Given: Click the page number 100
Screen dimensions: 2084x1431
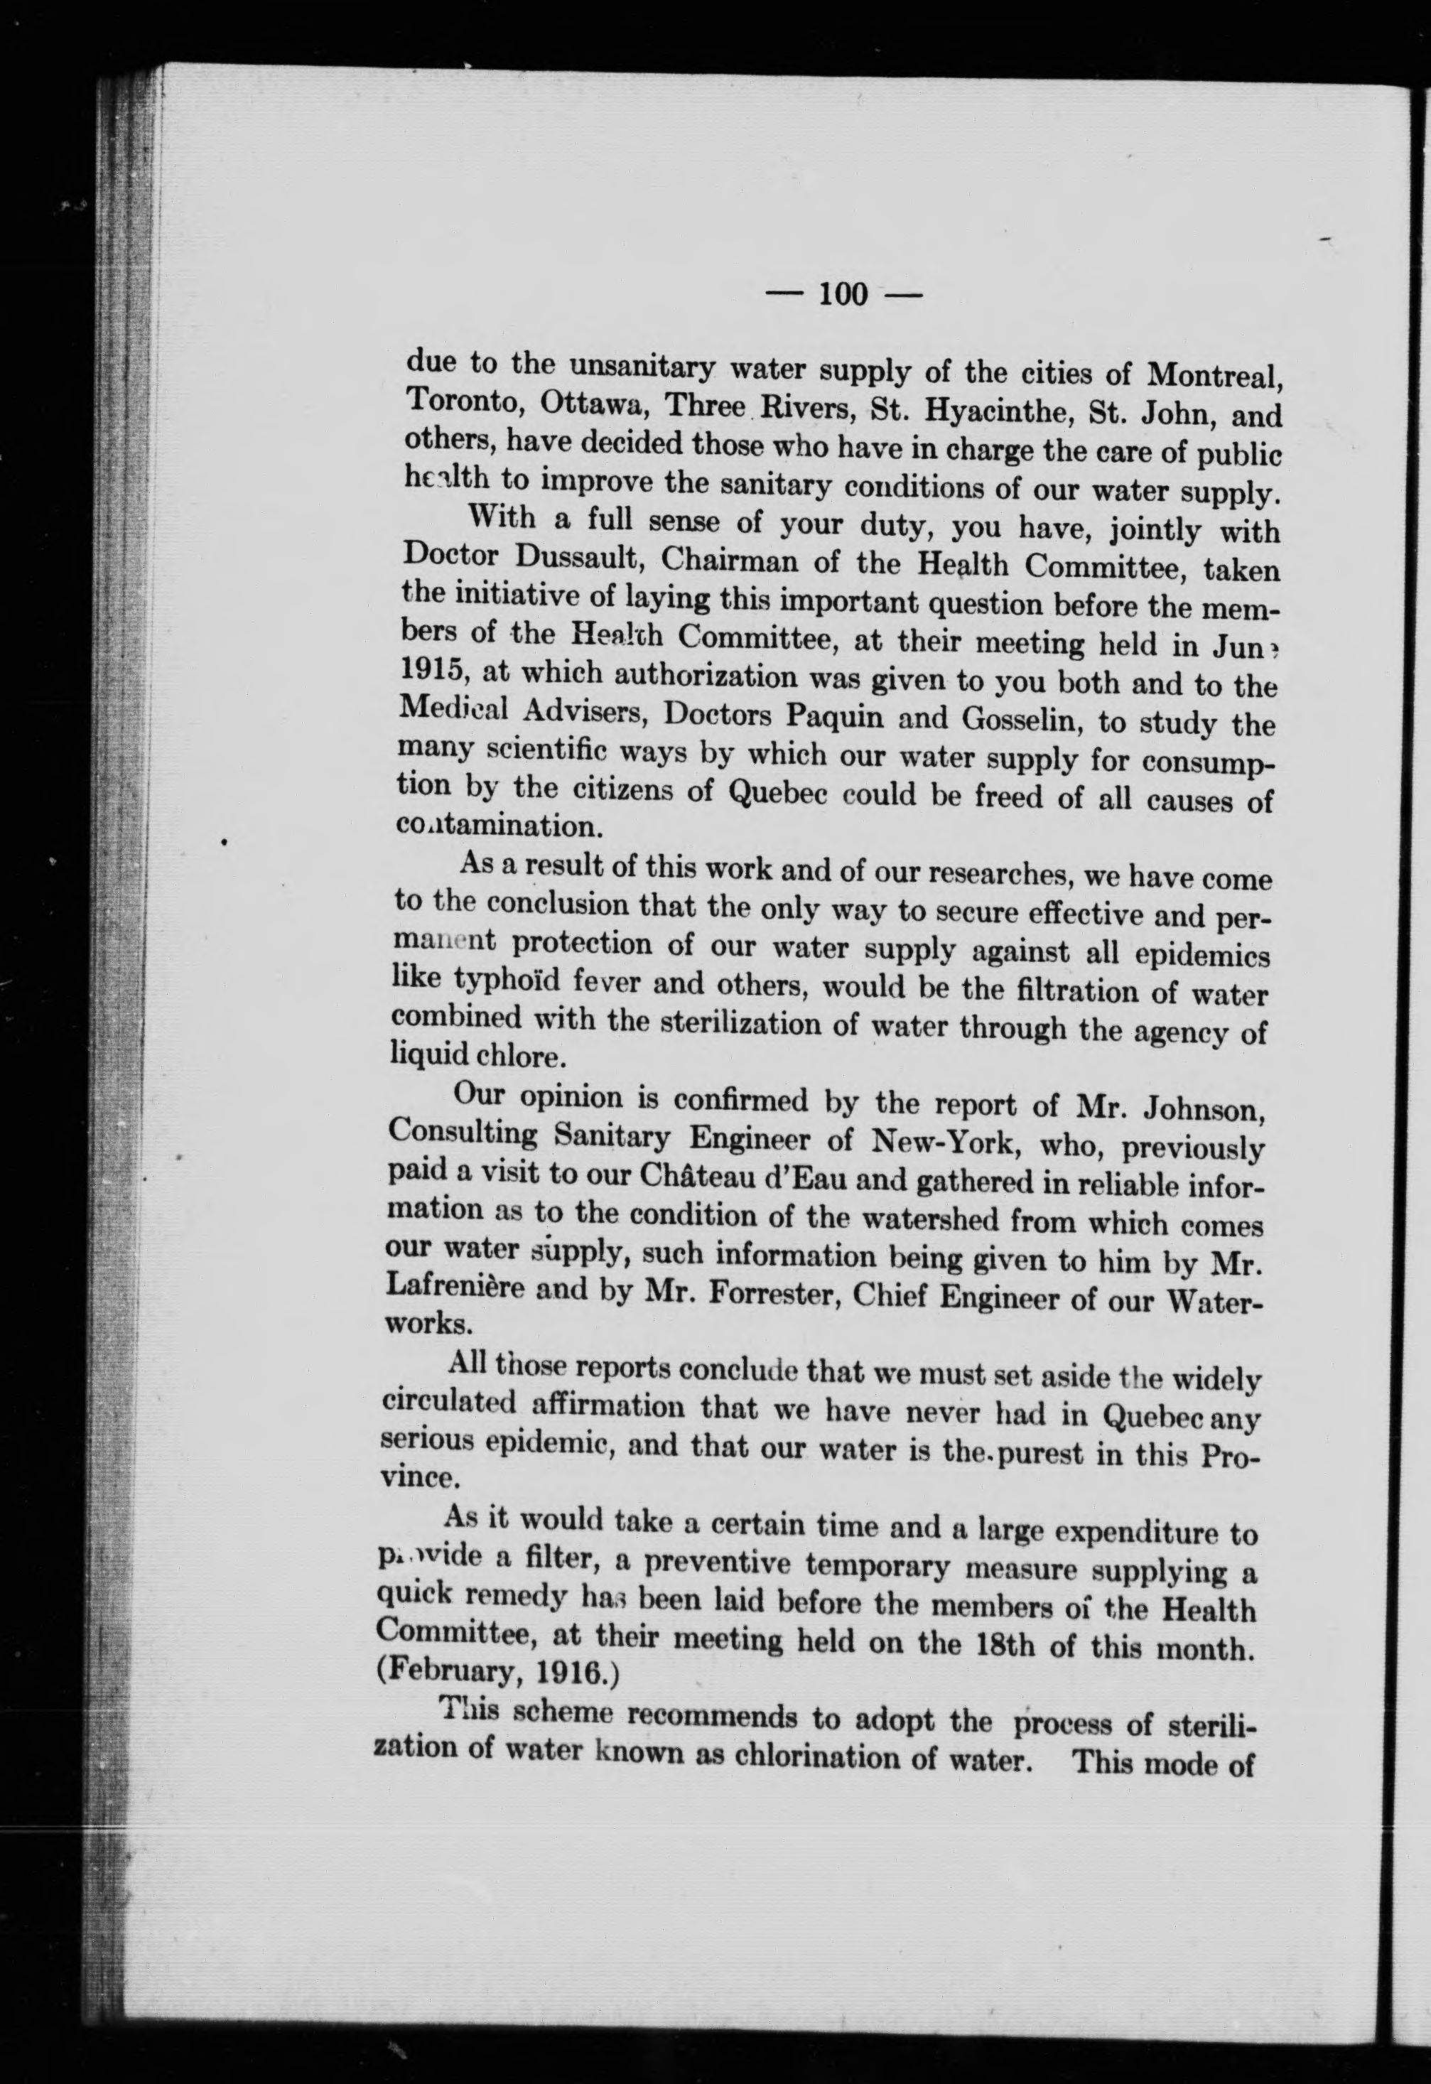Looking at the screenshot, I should click(x=843, y=293).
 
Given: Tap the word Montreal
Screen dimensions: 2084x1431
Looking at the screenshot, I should click(x=1215, y=376).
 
